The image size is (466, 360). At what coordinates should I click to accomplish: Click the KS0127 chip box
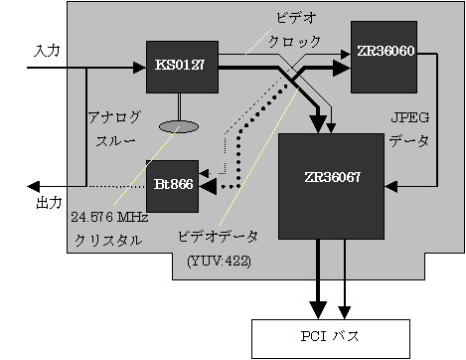181,66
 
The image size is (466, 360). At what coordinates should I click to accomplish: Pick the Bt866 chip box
172,185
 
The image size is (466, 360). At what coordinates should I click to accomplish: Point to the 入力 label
48,50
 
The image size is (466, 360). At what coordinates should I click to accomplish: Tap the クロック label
296,42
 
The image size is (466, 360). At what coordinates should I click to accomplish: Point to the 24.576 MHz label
108,215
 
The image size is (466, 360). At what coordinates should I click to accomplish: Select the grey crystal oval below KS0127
181,127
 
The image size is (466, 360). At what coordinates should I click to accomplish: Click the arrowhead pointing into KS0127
138,68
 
